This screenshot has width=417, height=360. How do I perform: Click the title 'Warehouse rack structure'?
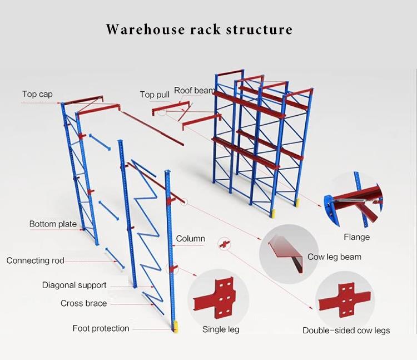pyautogui.click(x=199, y=29)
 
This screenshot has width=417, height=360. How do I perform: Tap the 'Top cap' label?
pyautogui.click(x=37, y=94)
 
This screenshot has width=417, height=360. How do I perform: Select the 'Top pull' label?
pyautogui.click(x=155, y=95)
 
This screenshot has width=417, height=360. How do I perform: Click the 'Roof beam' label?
pyautogui.click(x=194, y=90)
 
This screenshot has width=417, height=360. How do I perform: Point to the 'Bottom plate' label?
pyautogui.click(x=53, y=224)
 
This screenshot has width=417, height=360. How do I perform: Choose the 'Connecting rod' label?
pyautogui.click(x=36, y=260)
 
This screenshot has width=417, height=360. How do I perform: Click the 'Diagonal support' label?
pyautogui.click(x=75, y=285)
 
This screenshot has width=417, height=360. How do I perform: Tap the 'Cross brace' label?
pyautogui.click(x=84, y=303)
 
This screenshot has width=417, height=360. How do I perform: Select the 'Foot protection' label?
pyautogui.click(x=101, y=328)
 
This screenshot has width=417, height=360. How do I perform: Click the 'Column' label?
pyautogui.click(x=191, y=239)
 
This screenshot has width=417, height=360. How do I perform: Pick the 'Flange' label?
pyautogui.click(x=356, y=237)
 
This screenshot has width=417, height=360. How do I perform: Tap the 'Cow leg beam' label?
pyautogui.click(x=334, y=257)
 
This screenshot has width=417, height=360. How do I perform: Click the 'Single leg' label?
pyautogui.click(x=221, y=329)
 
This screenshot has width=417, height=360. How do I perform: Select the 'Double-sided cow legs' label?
pyautogui.click(x=346, y=331)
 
